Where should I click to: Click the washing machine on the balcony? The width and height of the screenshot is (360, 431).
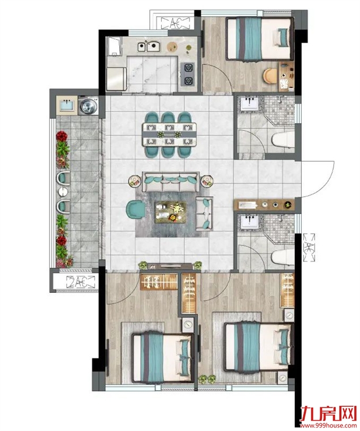[88, 105]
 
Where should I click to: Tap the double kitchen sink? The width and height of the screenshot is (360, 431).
[149, 46]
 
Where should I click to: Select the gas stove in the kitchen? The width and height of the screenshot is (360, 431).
[188, 74]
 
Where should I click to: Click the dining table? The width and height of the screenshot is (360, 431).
[169, 135]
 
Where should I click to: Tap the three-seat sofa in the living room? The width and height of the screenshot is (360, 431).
[170, 182]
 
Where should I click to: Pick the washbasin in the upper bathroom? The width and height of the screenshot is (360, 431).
[249, 104]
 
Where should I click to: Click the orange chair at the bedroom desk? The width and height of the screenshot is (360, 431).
[270, 75]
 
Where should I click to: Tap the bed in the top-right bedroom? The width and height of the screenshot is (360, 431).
[259, 39]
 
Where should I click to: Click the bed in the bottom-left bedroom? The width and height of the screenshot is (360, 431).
[163, 357]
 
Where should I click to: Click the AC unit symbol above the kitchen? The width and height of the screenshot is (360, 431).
[175, 23]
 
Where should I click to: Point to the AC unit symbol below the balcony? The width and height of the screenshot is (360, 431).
[81, 281]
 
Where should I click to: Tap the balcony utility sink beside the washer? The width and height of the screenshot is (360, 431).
[67, 104]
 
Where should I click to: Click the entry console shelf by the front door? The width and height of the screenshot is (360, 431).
[264, 205]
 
